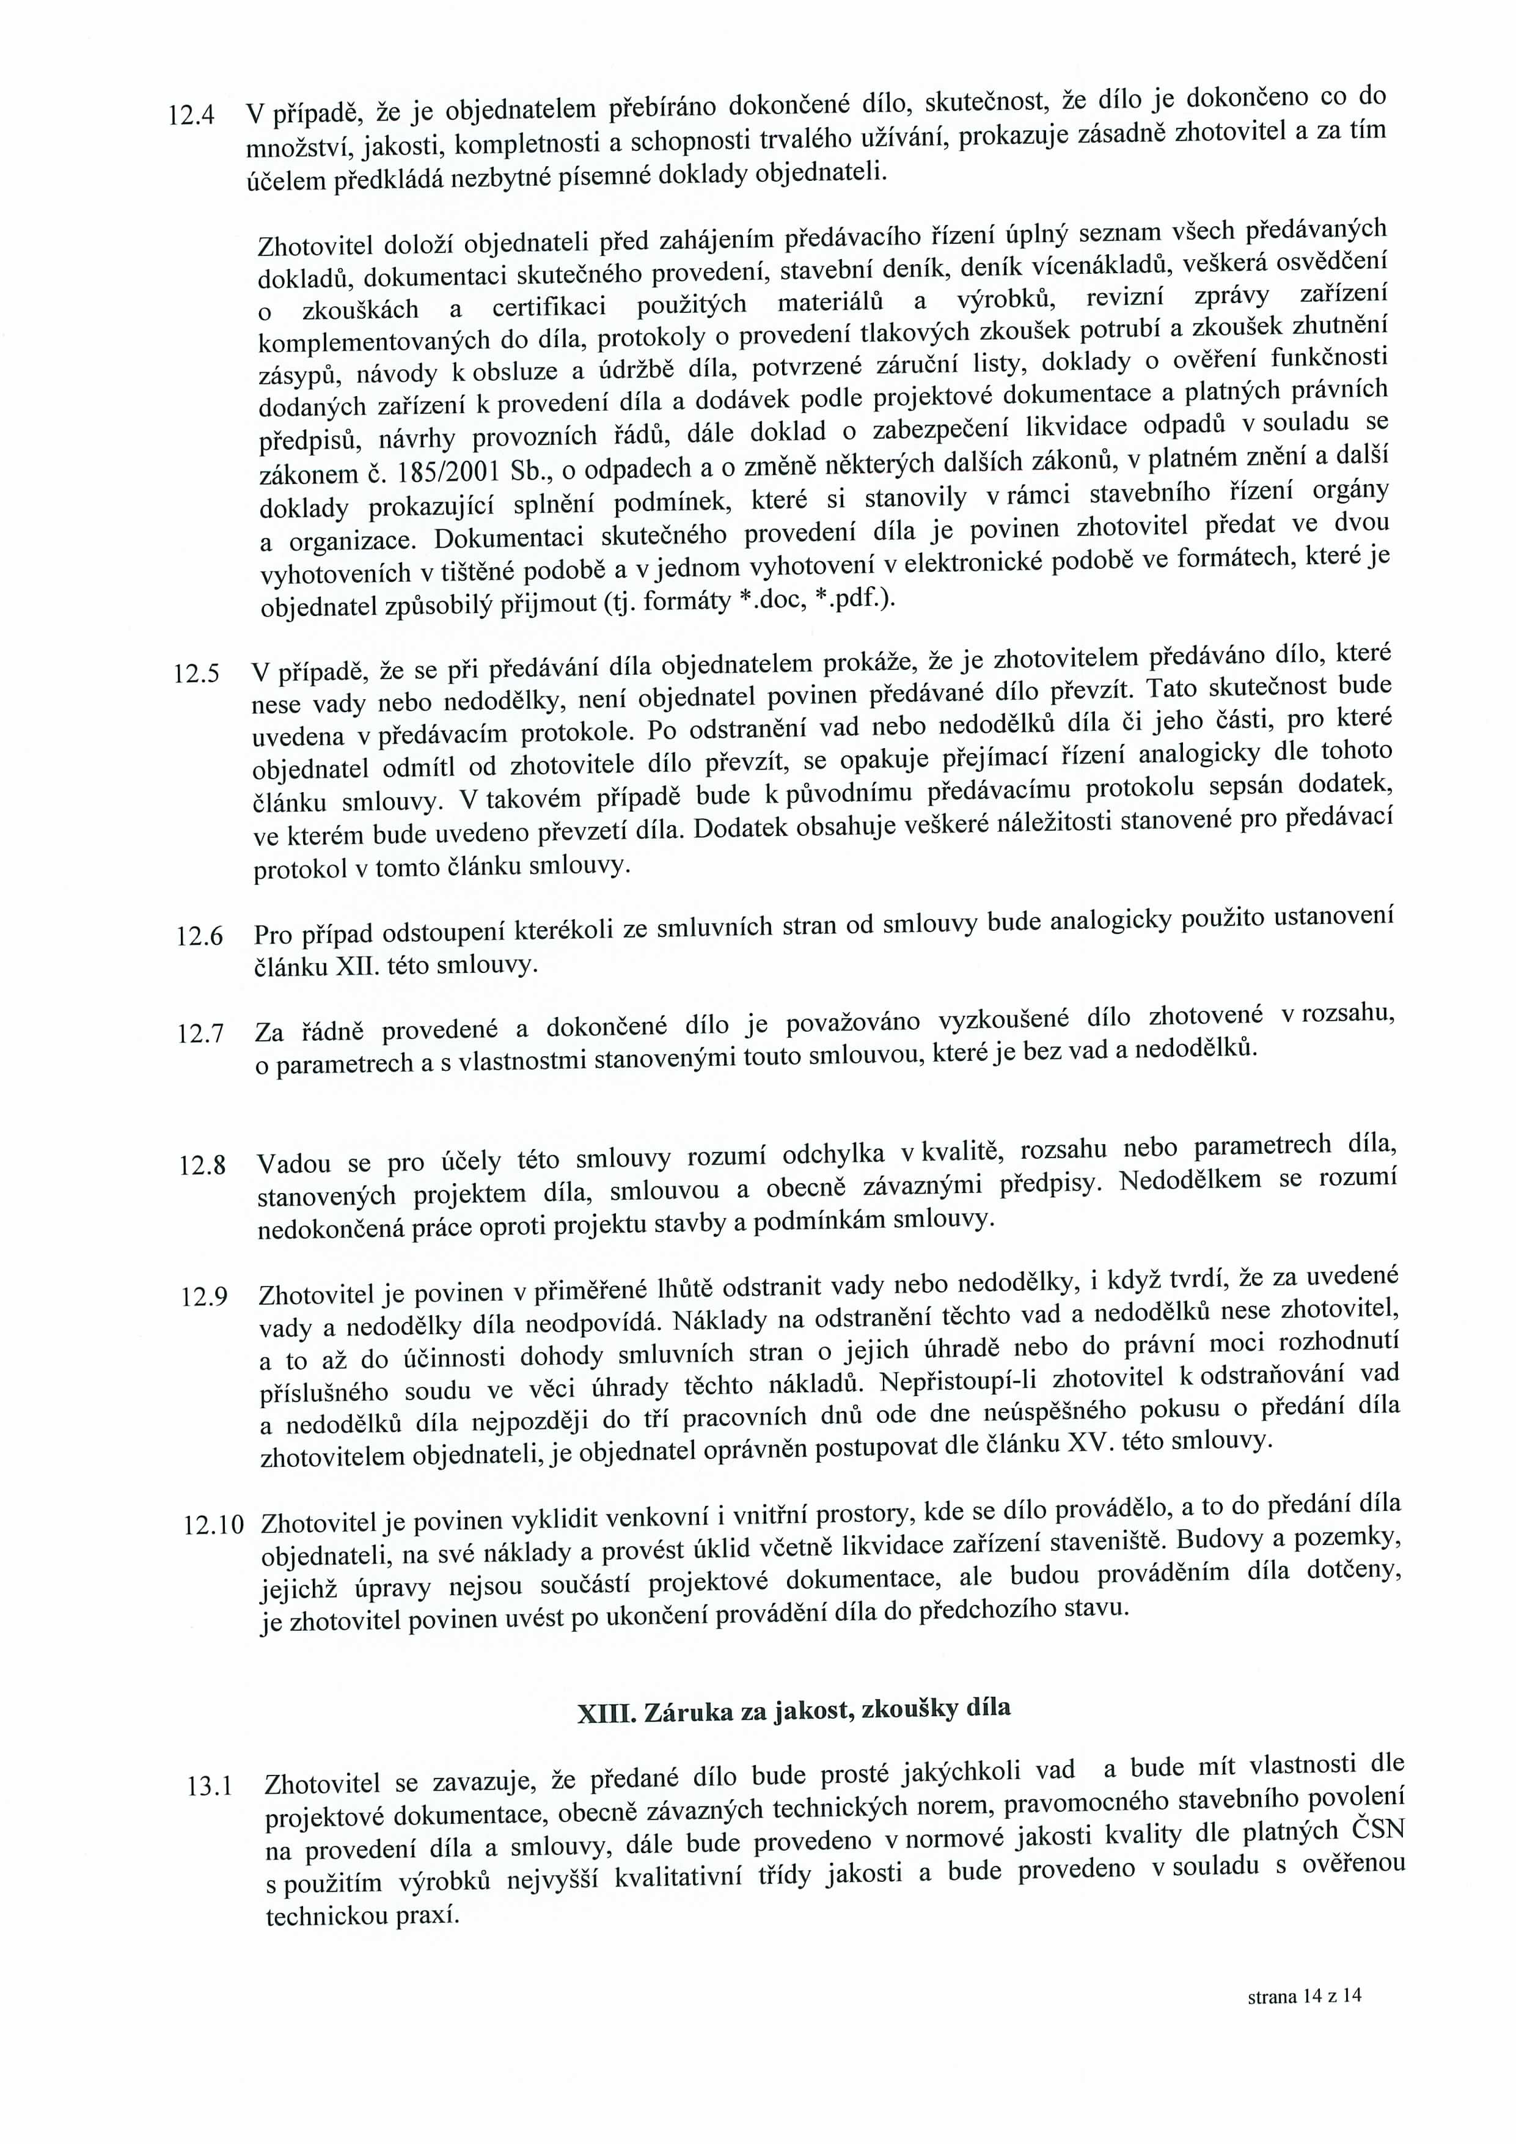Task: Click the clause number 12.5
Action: [196, 674]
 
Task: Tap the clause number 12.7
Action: [200, 1033]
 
